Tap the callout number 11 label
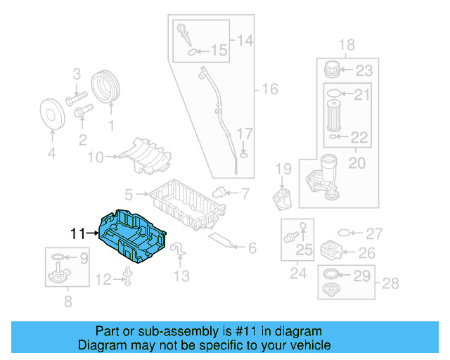(x=77, y=232)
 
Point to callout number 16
(x=270, y=89)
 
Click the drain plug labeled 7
(x=219, y=191)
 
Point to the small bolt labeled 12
(x=129, y=279)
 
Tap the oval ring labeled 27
(x=345, y=233)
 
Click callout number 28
(x=390, y=283)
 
